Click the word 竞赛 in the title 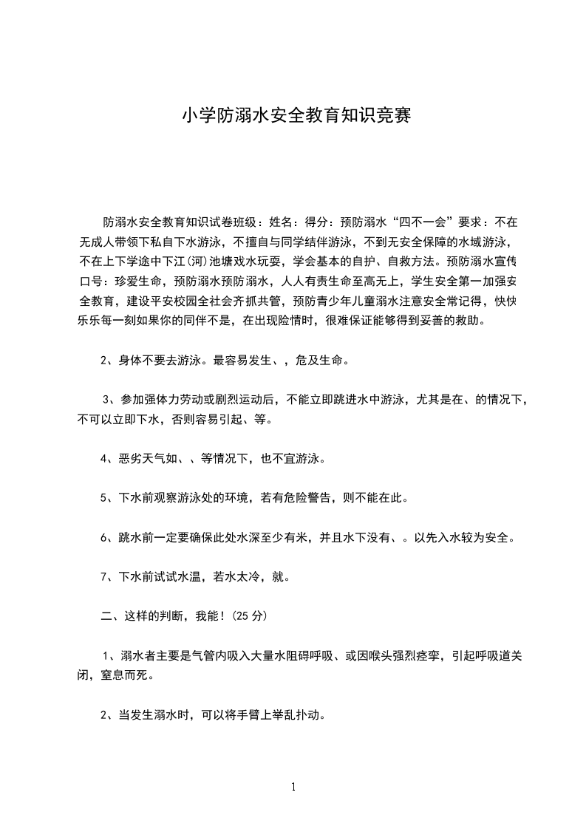point(392,116)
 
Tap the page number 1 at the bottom point(293,787)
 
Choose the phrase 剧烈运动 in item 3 point(252,400)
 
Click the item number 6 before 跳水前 point(104,537)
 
